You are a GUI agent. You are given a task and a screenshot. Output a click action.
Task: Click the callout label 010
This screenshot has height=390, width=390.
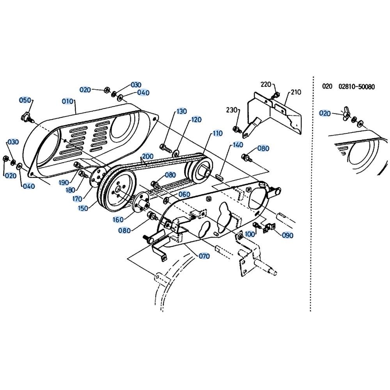click(67, 101)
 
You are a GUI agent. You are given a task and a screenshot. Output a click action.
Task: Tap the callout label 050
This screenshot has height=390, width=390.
click(25, 100)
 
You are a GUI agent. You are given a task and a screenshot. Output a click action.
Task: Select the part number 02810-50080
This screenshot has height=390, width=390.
click(356, 87)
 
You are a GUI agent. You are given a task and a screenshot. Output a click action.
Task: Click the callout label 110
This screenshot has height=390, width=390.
click(217, 133)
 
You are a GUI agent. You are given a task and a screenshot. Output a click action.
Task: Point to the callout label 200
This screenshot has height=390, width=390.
click(147, 157)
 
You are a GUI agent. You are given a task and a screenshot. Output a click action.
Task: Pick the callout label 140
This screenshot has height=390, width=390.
click(238, 145)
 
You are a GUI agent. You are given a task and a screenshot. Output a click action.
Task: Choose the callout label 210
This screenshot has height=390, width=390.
click(296, 92)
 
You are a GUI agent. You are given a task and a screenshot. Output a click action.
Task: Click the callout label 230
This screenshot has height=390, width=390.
click(232, 110)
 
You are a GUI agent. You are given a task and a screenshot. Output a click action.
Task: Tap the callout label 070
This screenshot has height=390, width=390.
click(204, 256)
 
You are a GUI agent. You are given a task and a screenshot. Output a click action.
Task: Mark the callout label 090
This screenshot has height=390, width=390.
click(287, 235)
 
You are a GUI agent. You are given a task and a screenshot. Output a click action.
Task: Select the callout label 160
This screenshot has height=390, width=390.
click(118, 219)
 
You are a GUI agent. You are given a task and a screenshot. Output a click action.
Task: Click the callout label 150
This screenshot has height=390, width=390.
click(83, 208)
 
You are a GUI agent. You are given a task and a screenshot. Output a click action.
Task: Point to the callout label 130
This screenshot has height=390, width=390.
click(182, 111)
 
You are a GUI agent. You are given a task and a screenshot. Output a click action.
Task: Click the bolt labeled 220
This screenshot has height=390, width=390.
click(276, 95)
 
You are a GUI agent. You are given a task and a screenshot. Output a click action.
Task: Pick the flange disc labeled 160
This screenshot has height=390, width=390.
click(140, 203)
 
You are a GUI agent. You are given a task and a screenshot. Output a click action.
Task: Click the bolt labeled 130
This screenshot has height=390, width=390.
click(166, 148)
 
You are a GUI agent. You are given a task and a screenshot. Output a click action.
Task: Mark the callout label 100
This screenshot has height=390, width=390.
click(250, 234)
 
